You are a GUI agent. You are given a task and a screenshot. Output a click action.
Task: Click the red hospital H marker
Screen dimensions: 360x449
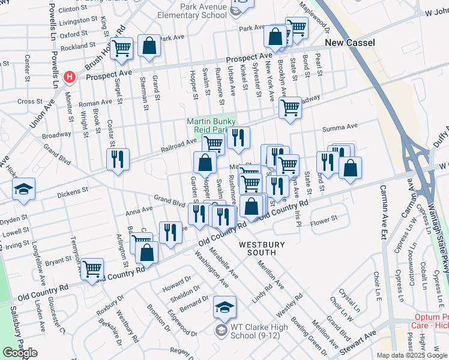[x=70, y=77]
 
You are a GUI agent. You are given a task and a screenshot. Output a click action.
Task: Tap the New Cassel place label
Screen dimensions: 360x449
[x=350, y=43]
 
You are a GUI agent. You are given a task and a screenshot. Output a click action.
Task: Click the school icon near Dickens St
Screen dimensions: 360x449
[x=23, y=189]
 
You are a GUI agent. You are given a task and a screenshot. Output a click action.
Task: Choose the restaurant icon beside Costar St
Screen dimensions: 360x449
[x=117, y=159]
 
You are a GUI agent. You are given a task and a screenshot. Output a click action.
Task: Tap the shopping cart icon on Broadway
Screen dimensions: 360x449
[x=290, y=108]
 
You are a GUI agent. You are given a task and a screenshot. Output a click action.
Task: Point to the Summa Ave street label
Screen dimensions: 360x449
[x=340, y=127]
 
